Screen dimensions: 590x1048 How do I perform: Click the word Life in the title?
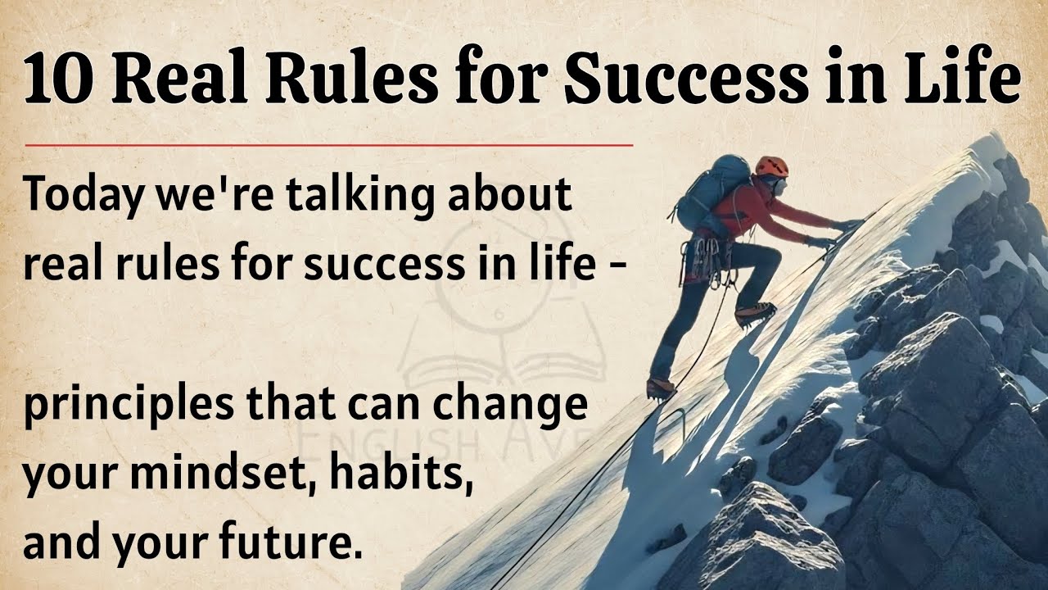point(966,79)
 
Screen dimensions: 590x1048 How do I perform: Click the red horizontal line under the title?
point(327,146)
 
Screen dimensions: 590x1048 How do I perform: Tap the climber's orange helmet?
point(771,166)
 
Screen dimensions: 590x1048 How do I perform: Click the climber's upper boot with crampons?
point(753,314)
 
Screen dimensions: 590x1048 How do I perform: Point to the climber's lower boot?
point(661,386)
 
